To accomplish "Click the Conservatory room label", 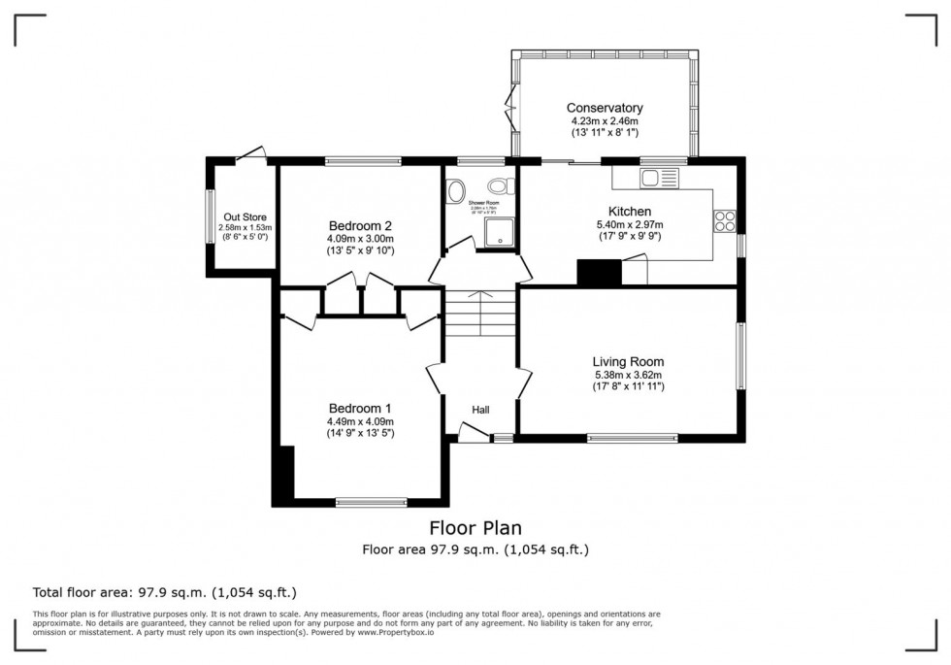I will (605, 108).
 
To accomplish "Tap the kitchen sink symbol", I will (664, 177).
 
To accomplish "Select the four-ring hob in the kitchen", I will (725, 220).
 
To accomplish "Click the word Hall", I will (480, 410).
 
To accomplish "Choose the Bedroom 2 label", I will (359, 224).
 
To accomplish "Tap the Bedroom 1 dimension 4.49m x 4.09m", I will (360, 421).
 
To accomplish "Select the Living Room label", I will (629, 362).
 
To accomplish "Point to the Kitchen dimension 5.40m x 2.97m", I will (629, 224).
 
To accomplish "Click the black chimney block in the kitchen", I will (599, 273).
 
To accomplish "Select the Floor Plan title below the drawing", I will (475, 528).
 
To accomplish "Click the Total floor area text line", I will (165, 592).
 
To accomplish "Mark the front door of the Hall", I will (474, 434).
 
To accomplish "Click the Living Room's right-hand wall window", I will (740, 360).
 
